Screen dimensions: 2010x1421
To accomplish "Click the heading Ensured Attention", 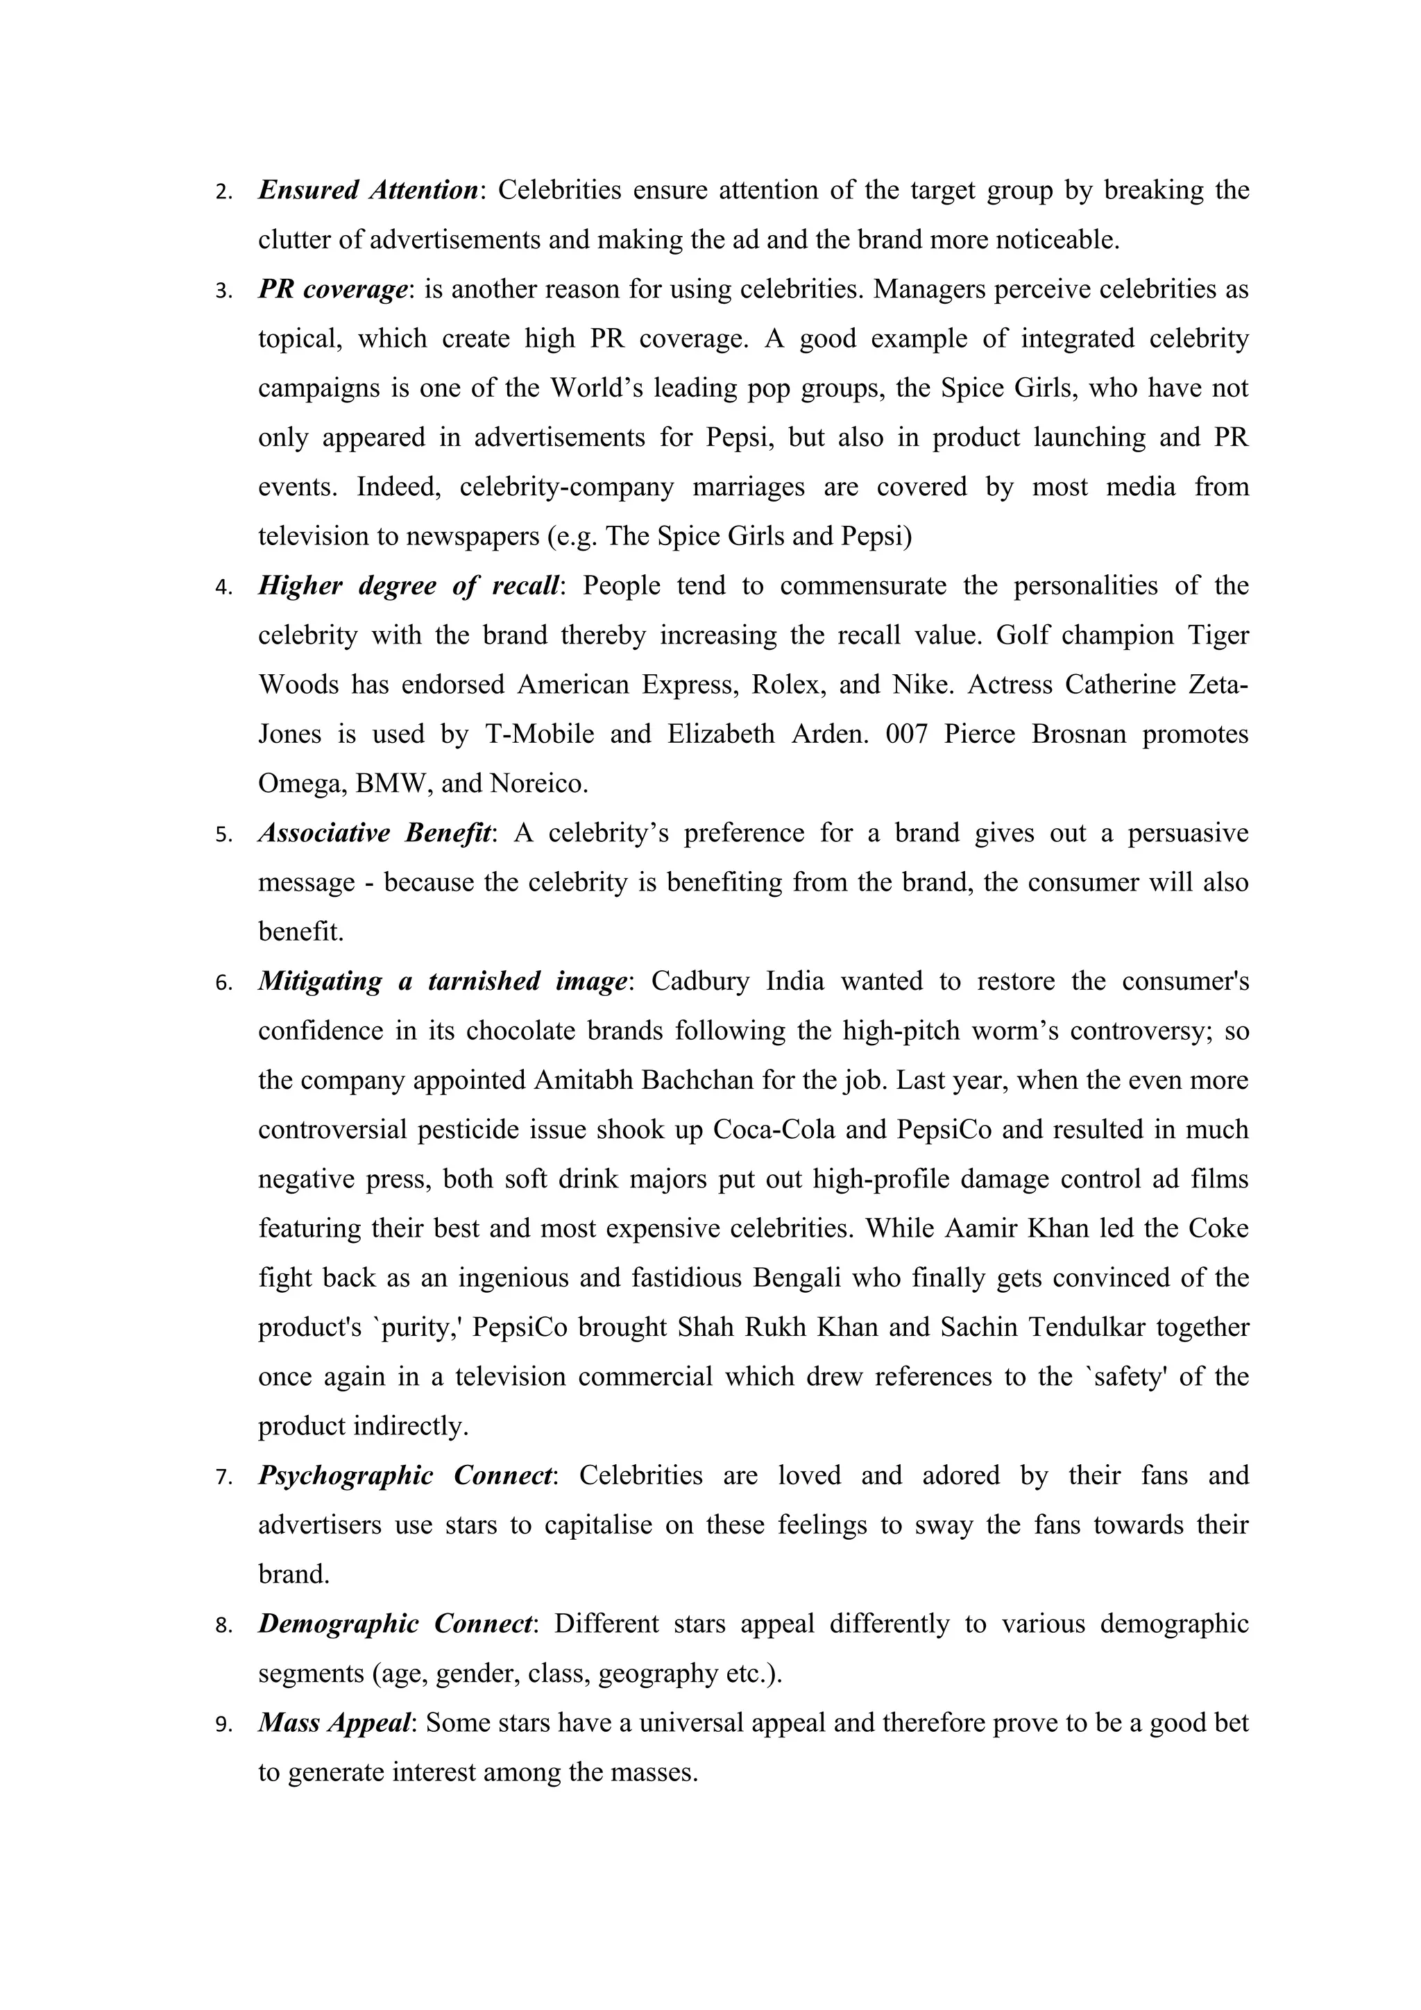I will (x=368, y=190).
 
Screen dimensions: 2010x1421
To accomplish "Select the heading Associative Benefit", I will (x=375, y=832).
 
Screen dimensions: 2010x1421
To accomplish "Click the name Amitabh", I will (x=585, y=1081).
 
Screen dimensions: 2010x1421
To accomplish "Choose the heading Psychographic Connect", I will (x=405, y=1476).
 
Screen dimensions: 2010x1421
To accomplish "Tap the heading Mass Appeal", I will (x=334, y=1723).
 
